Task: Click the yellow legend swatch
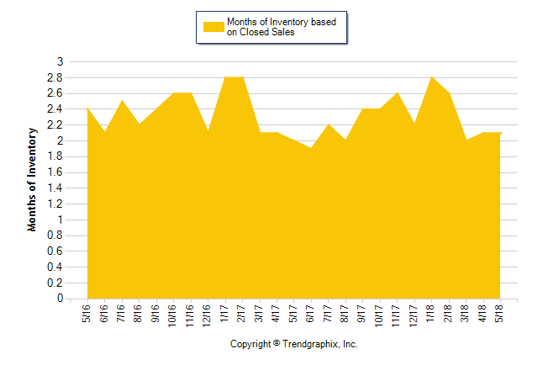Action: (x=214, y=27)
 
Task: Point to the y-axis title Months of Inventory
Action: (x=33, y=179)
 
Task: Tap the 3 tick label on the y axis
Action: (x=59, y=61)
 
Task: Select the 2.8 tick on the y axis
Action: (x=55, y=77)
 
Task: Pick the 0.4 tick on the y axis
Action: (x=55, y=267)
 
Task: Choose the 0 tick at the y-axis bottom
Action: (x=59, y=299)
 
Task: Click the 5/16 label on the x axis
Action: (x=88, y=313)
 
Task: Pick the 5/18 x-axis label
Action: (x=501, y=313)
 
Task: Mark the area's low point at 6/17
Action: (x=312, y=148)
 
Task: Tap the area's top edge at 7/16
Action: (x=123, y=101)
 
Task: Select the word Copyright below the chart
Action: (x=250, y=344)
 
